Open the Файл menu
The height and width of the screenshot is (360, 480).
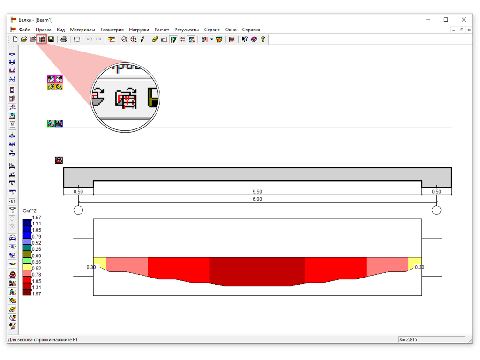[x=24, y=30]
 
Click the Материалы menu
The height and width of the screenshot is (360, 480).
[x=82, y=30]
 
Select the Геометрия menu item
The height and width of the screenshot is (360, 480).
[x=112, y=30]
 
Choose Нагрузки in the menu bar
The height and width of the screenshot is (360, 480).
[x=139, y=30]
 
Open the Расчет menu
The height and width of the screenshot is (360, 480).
[x=162, y=30]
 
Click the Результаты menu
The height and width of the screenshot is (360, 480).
[x=187, y=30]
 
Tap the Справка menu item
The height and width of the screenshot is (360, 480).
[x=251, y=30]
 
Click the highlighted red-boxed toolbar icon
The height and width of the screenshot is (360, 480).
[x=42, y=39]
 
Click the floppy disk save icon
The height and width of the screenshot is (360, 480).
[x=51, y=39]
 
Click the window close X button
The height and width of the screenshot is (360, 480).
[x=464, y=20]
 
